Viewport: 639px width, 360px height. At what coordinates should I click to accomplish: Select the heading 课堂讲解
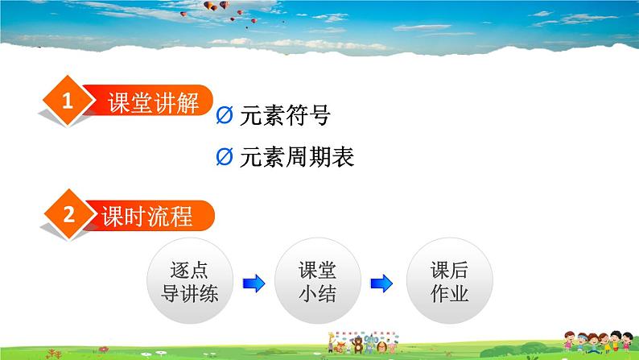coord(153,104)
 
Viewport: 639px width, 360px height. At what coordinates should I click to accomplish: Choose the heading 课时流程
coord(147,217)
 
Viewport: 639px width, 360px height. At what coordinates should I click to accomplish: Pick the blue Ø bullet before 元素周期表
coord(225,158)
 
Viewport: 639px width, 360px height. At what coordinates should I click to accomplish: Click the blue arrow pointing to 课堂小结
coord(253,283)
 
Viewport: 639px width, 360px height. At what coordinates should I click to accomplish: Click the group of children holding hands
coord(583,342)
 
